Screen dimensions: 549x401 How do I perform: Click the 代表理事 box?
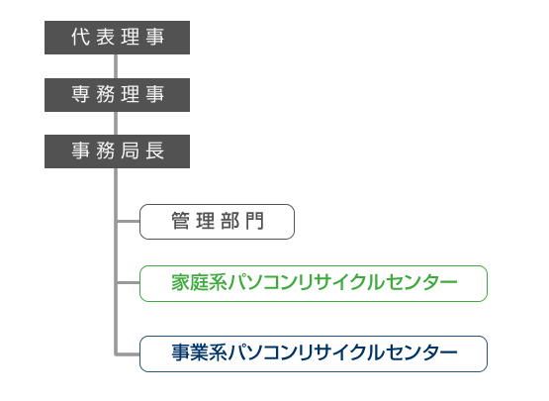pyautogui.click(x=117, y=38)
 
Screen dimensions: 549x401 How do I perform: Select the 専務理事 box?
pyautogui.click(x=117, y=95)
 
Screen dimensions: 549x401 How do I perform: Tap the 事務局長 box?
pyautogui.click(x=117, y=151)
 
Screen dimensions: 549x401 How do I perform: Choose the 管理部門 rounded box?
pyautogui.click(x=217, y=222)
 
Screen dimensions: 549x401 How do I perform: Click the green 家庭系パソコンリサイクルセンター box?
pyautogui.click(x=314, y=283)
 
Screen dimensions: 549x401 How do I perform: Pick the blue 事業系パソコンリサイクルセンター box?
pyautogui.click(x=314, y=354)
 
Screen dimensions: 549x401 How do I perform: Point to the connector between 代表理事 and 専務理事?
pyautogui.click(x=116, y=66)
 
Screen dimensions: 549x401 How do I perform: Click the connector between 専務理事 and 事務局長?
pyautogui.click(x=116, y=124)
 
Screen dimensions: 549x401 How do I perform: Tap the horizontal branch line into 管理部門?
pyautogui.click(x=129, y=221)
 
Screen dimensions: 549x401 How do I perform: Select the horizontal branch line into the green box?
pyautogui.click(x=129, y=282)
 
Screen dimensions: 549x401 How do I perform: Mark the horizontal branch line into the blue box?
pyautogui.click(x=129, y=354)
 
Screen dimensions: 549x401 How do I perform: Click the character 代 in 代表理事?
pyautogui.click(x=80, y=37)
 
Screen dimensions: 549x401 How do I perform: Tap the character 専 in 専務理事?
pyautogui.click(x=80, y=94)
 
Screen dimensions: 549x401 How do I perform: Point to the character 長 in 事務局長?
pyautogui.click(x=154, y=150)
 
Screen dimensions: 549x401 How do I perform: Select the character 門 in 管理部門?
pyautogui.click(x=254, y=221)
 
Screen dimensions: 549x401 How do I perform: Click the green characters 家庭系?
pyautogui.click(x=199, y=282)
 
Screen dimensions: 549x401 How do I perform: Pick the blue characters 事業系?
pyautogui.click(x=199, y=352)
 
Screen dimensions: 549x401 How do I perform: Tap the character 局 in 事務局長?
pyautogui.click(x=130, y=150)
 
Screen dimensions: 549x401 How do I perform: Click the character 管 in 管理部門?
pyautogui.click(x=180, y=221)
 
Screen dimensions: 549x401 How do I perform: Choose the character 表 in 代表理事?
pyautogui.click(x=106, y=37)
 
